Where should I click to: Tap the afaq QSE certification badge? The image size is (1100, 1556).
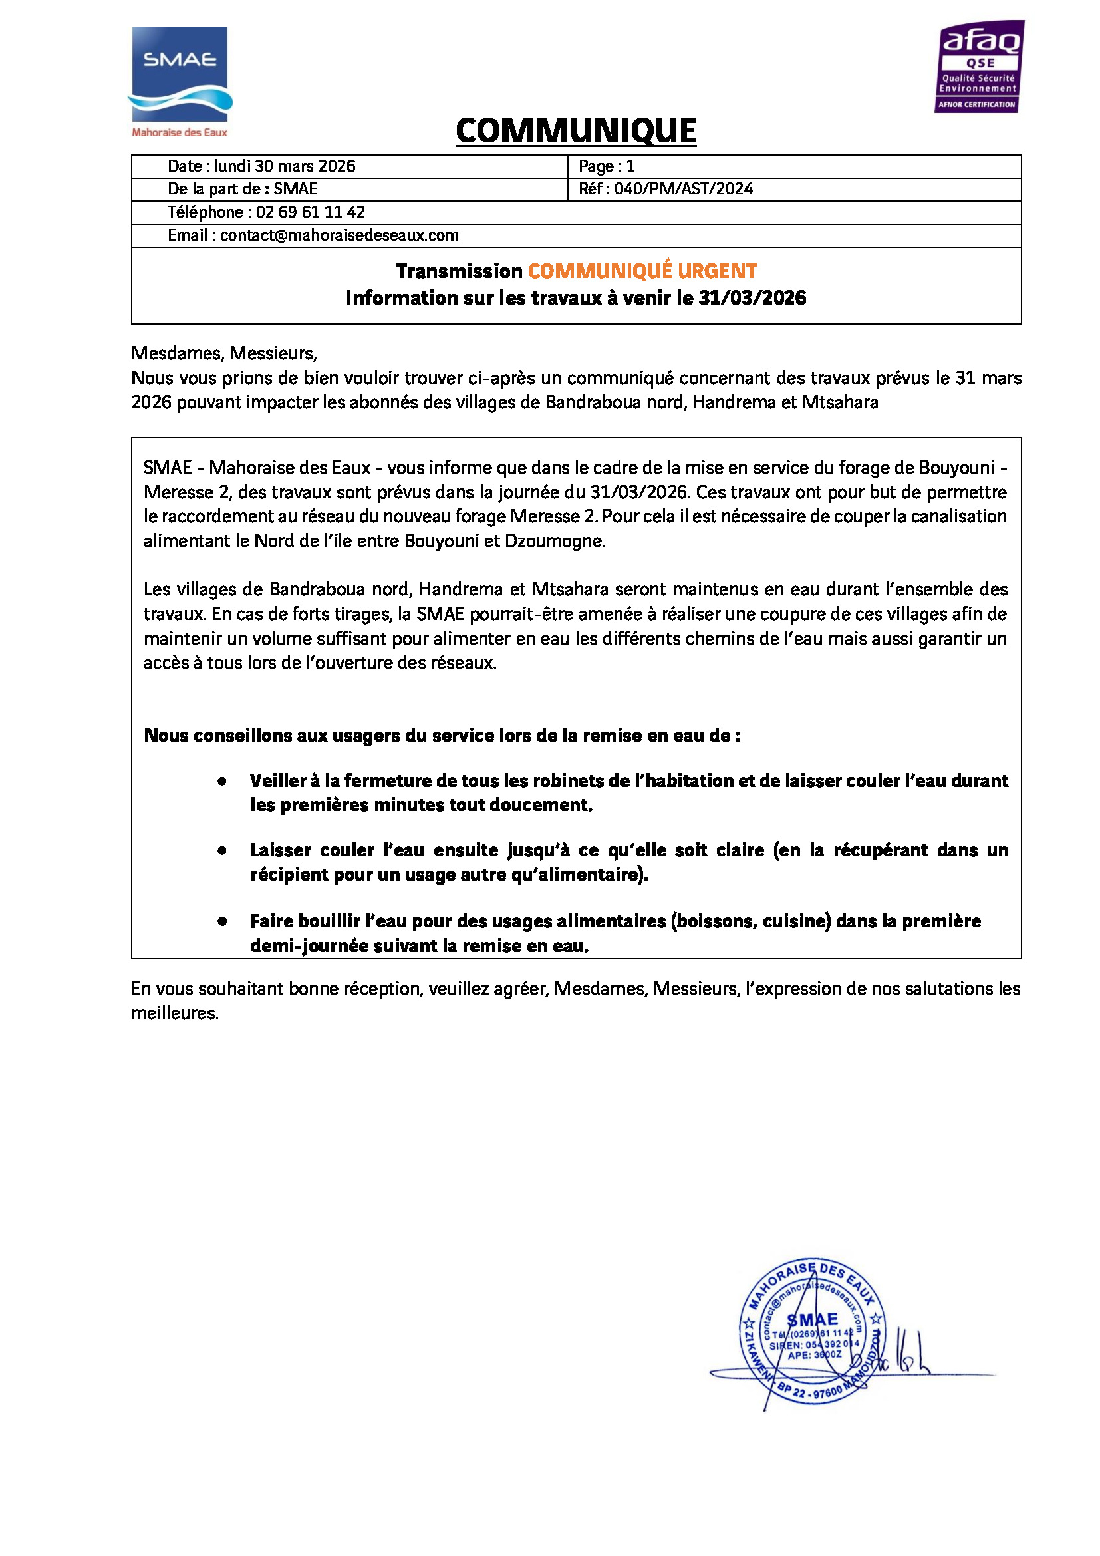coord(980,67)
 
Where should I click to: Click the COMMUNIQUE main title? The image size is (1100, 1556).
coord(576,131)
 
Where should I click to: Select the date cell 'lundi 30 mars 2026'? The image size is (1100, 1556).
coord(285,166)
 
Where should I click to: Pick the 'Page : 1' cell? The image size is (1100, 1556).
coord(607,166)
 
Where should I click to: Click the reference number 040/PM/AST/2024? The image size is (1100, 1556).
coord(684,189)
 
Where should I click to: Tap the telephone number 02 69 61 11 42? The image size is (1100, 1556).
coord(310,212)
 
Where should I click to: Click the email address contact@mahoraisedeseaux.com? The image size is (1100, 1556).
coord(339,235)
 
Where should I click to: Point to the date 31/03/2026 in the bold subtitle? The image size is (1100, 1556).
coord(752,298)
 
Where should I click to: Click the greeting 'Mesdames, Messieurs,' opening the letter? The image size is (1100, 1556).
coord(224,353)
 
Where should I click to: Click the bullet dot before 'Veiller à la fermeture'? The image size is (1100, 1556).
coord(221,782)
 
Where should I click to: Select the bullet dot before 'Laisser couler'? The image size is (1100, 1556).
coord(221,851)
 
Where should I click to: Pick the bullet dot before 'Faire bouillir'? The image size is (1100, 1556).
coord(221,921)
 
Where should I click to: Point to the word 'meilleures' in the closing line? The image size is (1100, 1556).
coord(174,1013)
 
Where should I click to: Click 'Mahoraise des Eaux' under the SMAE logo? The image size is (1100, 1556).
coord(180,133)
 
